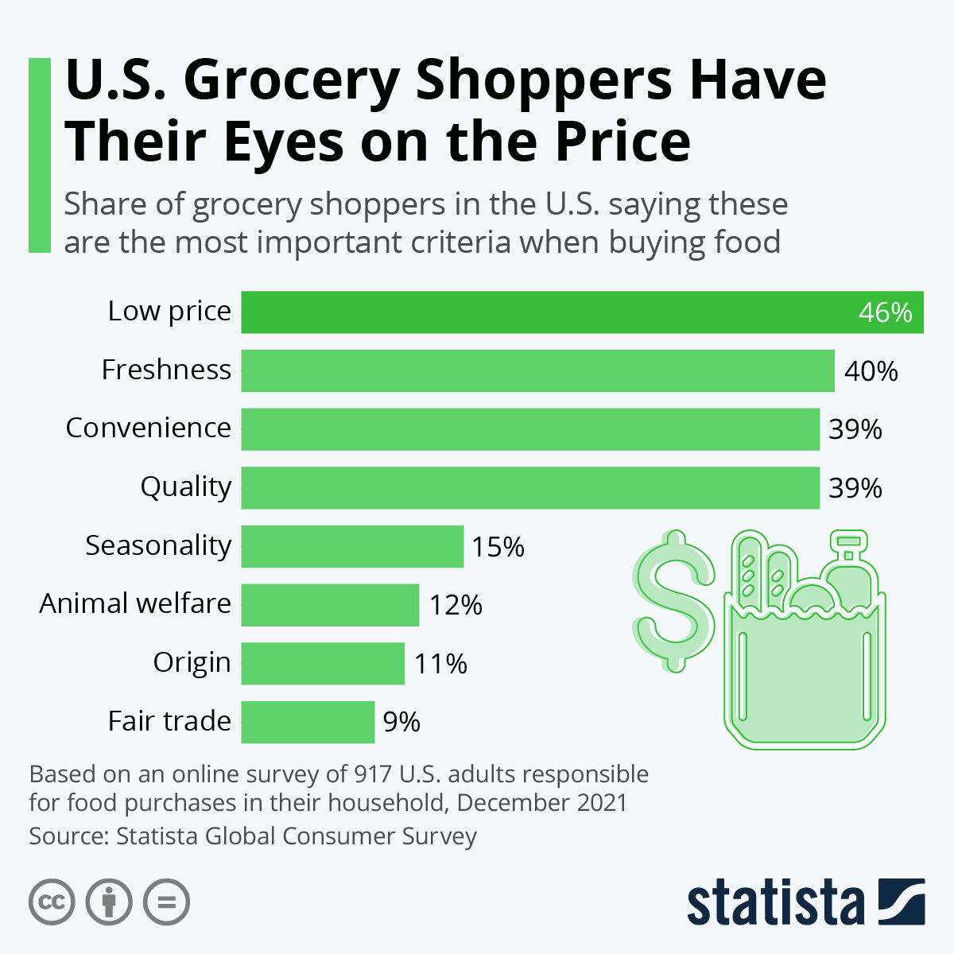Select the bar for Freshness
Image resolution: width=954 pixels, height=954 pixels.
[x=537, y=370]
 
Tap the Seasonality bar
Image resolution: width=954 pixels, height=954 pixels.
[x=352, y=546]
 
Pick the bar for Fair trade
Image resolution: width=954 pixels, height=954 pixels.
[x=308, y=722]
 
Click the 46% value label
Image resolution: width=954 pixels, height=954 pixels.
[x=885, y=312]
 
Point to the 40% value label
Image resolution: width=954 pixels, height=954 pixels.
[x=871, y=371]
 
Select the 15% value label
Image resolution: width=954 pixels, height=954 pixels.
[x=498, y=547]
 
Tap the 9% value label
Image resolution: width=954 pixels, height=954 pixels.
[x=401, y=722]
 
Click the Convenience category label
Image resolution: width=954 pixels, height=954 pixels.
[x=149, y=428]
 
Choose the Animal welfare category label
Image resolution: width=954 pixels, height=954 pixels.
[x=135, y=603]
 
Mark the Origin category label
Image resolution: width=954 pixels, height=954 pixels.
[x=192, y=662]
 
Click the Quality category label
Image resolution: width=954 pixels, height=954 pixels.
[x=186, y=487]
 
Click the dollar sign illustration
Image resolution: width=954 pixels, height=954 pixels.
[x=674, y=600]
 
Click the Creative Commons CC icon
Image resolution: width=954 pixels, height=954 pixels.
[x=52, y=902]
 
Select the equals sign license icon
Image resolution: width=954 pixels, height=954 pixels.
[x=166, y=902]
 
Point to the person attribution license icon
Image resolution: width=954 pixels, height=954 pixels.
[x=109, y=902]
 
